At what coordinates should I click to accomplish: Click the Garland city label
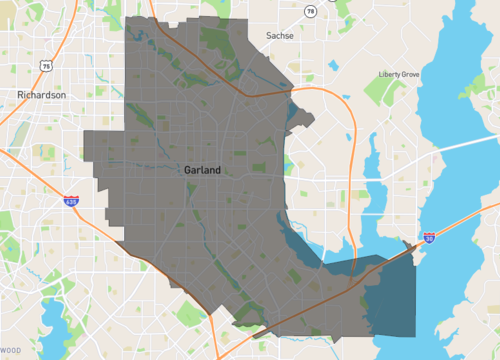pos(203,170)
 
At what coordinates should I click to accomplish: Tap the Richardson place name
pos(41,95)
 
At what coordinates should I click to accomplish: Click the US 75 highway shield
pos(47,65)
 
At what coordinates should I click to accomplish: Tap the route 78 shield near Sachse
pos(311,11)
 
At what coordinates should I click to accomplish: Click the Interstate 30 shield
pos(429,238)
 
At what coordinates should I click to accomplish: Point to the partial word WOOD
pos(10,350)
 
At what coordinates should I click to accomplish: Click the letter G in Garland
pos(188,170)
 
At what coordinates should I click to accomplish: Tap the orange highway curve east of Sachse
pos(335,100)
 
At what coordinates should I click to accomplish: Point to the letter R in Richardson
pos(21,95)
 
